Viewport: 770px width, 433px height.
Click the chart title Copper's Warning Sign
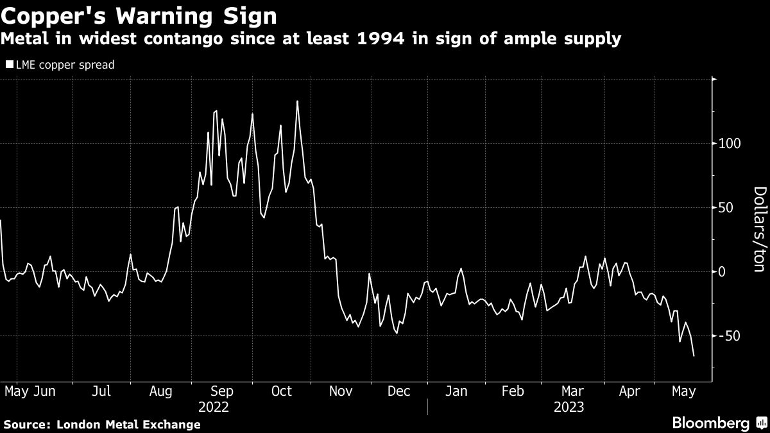(x=139, y=15)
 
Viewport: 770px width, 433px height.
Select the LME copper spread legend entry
(x=60, y=65)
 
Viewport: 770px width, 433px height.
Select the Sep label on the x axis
(x=222, y=391)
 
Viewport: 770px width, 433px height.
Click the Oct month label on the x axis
(x=282, y=391)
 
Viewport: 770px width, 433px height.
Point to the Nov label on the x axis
(x=340, y=391)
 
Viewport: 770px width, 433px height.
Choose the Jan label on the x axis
(x=457, y=391)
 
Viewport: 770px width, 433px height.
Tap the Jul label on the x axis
(x=101, y=391)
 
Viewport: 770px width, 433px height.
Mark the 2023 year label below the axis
(x=569, y=407)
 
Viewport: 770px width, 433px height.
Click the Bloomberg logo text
(x=710, y=423)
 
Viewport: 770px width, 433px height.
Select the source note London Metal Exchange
(x=128, y=424)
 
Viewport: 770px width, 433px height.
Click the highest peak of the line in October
(x=297, y=101)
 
